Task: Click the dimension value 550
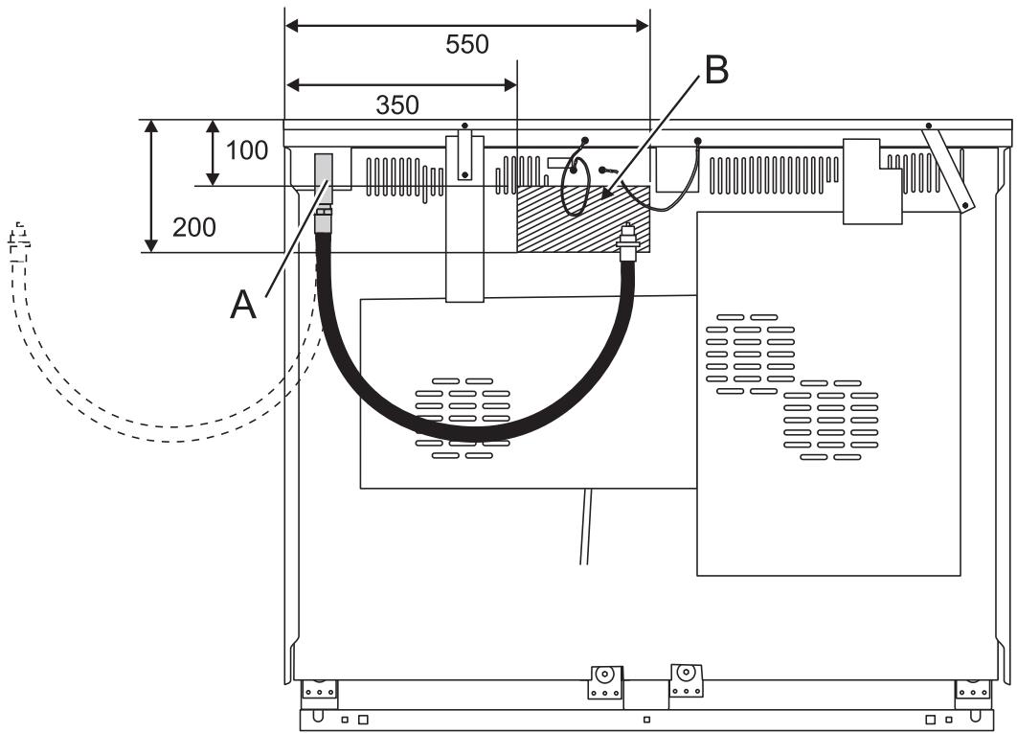467,44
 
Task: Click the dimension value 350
396,104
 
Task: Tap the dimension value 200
193,227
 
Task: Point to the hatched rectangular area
582,220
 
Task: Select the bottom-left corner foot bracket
318,688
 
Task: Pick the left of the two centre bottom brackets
604,681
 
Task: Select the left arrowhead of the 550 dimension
293,26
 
